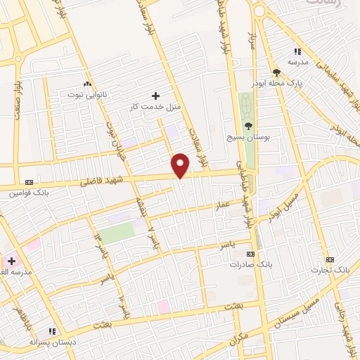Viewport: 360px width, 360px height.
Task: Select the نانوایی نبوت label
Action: (x=86, y=93)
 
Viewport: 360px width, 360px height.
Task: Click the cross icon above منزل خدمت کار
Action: (x=155, y=95)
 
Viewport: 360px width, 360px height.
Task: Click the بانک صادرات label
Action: (x=250, y=264)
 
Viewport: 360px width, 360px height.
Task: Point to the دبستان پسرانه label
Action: (x=51, y=341)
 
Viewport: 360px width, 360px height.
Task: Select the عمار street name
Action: (x=223, y=205)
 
